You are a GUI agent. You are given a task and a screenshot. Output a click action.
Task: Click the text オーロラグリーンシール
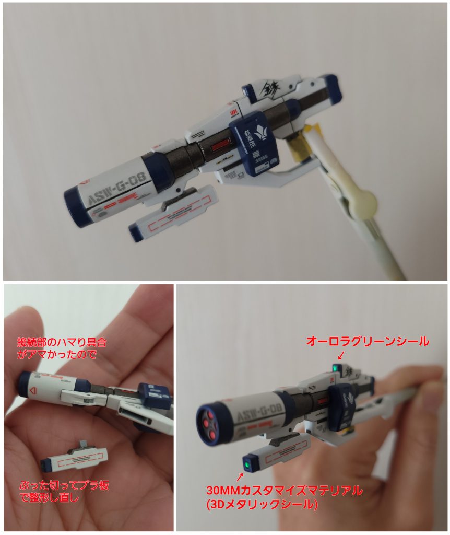[367, 342]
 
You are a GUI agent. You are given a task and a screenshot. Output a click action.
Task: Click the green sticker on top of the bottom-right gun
[335, 370]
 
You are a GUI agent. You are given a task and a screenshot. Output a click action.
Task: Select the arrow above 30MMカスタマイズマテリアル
[240, 476]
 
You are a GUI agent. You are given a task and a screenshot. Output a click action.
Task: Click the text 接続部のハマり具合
[61, 343]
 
